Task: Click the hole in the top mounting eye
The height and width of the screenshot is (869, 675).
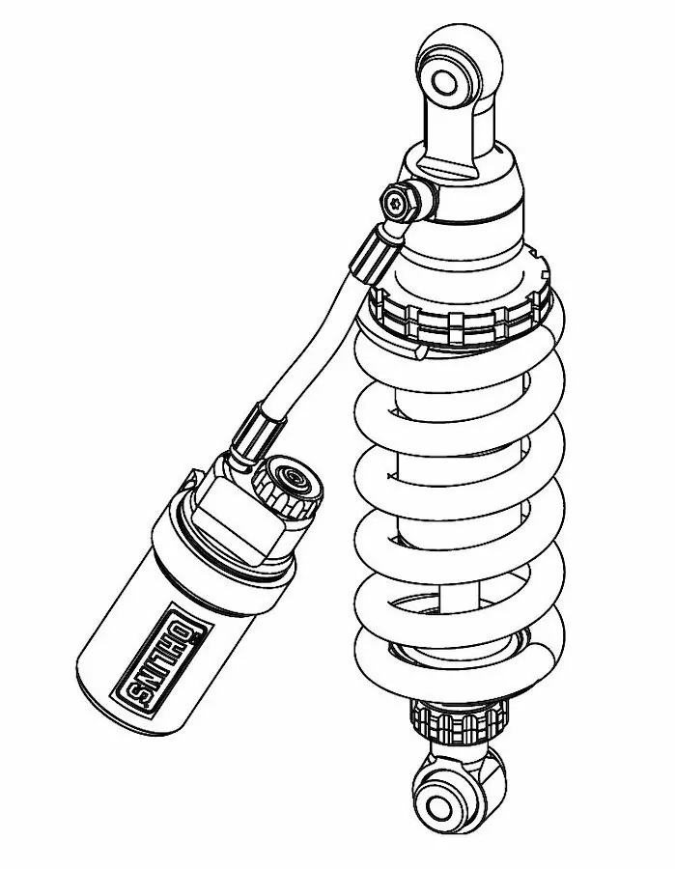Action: click(445, 80)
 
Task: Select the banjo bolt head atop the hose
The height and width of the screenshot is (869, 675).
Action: click(399, 202)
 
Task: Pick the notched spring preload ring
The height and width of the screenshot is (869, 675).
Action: click(454, 314)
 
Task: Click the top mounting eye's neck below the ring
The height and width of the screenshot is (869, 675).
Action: click(455, 135)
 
